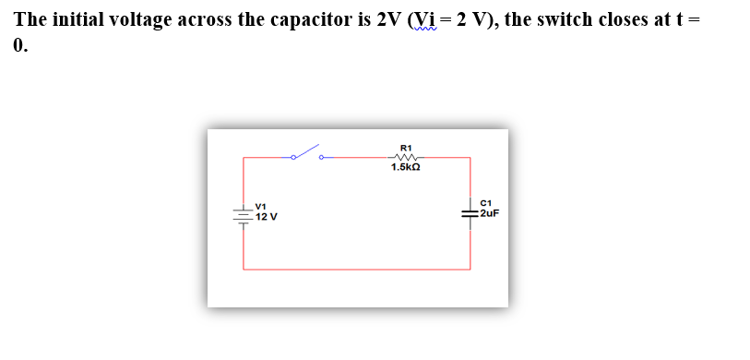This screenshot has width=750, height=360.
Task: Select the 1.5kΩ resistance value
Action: [406, 168]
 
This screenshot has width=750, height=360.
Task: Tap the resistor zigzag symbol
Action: [406, 157]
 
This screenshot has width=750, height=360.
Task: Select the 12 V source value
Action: [267, 217]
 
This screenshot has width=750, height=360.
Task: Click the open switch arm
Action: [306, 151]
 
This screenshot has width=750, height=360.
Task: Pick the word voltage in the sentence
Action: [142, 19]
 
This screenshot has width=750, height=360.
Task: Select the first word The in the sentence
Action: [30, 19]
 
